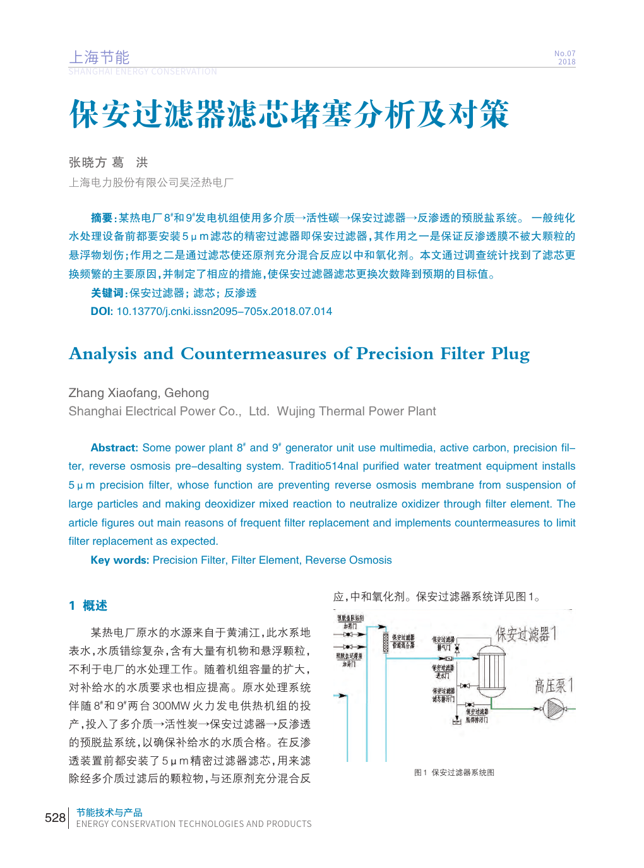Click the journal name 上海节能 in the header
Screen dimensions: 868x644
pos(99,57)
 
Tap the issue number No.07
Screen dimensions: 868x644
pos(564,54)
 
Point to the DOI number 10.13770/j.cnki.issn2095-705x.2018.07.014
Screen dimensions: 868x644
pos(224,311)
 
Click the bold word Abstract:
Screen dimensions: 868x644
pos(114,448)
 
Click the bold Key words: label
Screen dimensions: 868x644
pos(120,560)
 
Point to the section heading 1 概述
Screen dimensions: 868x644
pos(88,605)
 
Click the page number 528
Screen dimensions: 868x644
pos(55,817)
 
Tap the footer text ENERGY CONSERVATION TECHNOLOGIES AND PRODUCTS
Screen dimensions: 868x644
pos(194,824)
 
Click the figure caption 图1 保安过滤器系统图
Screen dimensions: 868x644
pos(454,772)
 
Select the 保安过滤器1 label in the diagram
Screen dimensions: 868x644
pos(526,634)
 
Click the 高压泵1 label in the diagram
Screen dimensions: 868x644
pos(554,686)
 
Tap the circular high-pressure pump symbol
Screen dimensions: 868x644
pos(554,709)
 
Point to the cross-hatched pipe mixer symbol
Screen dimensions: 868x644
pos(386,642)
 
